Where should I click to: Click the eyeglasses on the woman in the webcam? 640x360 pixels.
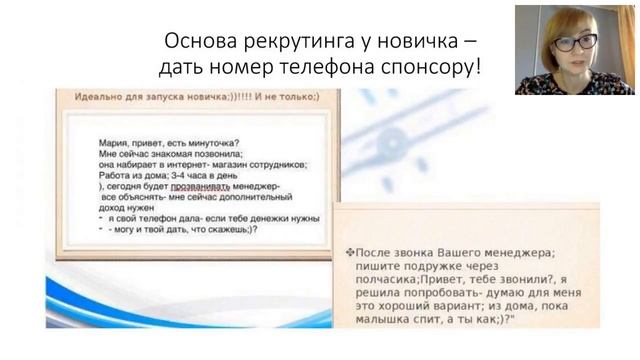(575, 42)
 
